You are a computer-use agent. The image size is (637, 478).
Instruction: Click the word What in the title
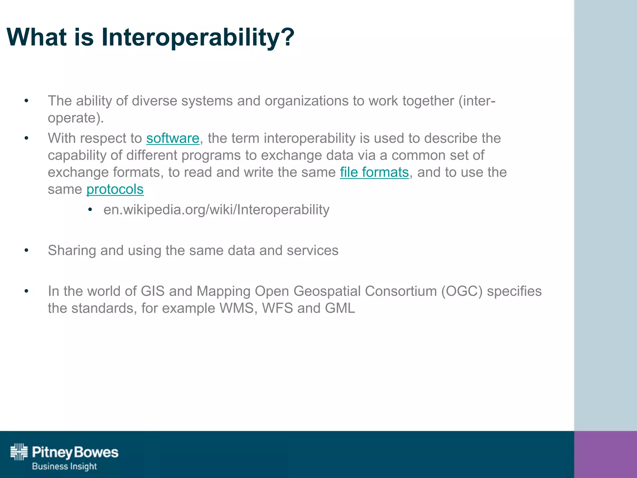pos(37,37)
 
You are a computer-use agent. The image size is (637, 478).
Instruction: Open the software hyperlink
pos(173,138)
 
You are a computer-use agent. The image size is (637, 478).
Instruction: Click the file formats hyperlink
pos(374,172)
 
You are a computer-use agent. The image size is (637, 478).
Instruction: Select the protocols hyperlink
pos(115,189)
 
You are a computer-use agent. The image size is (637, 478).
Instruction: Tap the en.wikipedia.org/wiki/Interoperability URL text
pos(216,209)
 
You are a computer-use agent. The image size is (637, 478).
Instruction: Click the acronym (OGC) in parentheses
pos(462,291)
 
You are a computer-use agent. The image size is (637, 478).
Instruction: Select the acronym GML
pos(340,308)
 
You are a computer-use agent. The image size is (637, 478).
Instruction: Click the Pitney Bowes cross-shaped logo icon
pos(19,452)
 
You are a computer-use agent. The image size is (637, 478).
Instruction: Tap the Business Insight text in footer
pos(64,466)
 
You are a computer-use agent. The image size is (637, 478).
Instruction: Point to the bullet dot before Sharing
pos(26,251)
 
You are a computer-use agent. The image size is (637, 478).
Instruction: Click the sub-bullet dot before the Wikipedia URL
pos(90,210)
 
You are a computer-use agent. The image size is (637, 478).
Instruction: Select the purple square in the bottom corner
pos(605,454)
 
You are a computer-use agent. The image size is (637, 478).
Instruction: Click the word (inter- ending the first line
pos(477,101)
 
